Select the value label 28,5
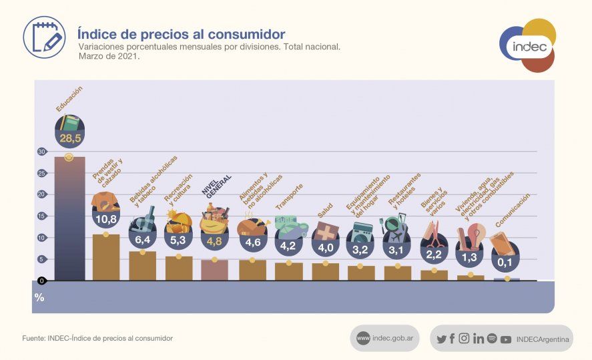[69, 138]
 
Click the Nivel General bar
[214, 269]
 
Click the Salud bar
[325, 271]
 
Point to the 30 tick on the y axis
[41, 152]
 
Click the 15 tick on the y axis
[41, 216]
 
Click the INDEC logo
[528, 46]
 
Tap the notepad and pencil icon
[44, 36]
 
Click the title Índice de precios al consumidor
[181, 33]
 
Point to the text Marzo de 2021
[109, 57]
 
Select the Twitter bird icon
[441, 339]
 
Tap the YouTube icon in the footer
[506, 339]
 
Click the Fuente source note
[97, 339]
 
